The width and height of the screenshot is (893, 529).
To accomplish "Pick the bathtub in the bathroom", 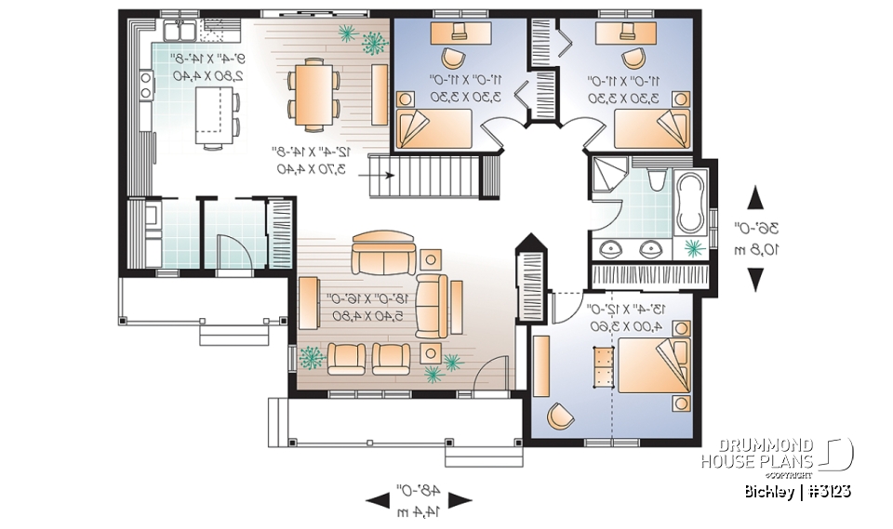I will (x=691, y=203).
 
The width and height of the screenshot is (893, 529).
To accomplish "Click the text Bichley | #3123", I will (x=797, y=490).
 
